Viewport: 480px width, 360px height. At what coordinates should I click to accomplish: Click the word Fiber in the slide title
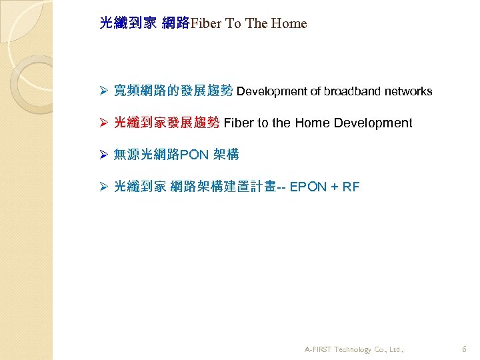coord(207,24)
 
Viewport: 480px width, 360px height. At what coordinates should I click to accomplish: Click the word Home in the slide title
coord(289,24)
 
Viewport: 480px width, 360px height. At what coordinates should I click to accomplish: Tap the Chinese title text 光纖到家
coord(128,23)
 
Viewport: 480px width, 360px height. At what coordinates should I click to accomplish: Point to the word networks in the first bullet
coord(407,91)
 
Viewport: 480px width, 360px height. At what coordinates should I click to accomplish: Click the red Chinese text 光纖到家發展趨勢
coord(167,123)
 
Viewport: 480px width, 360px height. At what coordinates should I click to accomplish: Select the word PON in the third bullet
coord(194,155)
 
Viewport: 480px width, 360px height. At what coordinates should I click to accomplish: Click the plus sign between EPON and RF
coord(331,187)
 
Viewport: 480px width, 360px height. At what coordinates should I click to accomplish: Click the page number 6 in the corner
coord(464,349)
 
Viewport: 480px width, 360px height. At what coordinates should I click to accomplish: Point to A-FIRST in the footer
coord(319,349)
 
